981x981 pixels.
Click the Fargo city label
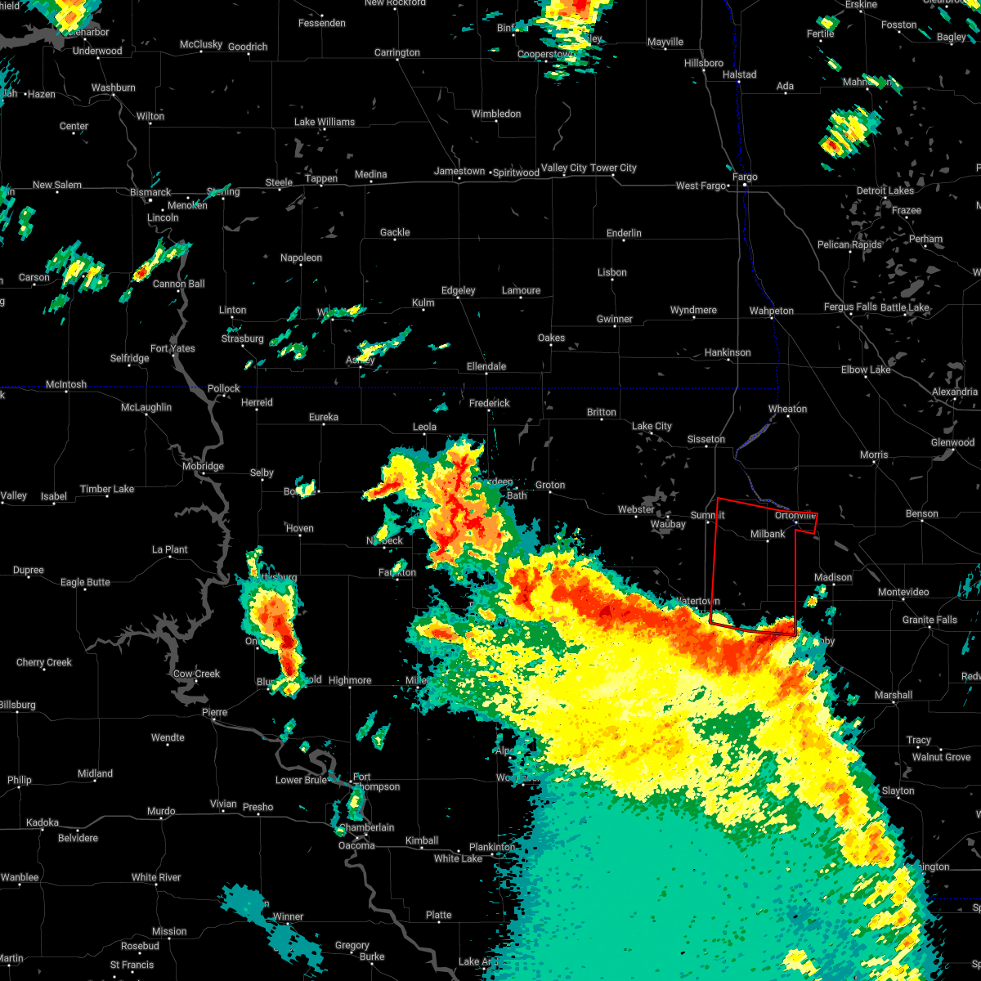745,177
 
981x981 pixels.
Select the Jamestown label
459,172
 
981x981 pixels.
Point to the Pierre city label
214,713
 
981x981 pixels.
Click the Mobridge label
203,467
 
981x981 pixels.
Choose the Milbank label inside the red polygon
768,534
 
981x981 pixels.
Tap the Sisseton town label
706,440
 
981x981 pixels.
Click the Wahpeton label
772,311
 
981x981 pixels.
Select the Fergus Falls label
850,307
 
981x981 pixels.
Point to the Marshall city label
893,695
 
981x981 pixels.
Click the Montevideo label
903,592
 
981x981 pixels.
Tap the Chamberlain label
367,827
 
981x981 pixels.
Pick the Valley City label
564,168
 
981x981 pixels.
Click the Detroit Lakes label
885,190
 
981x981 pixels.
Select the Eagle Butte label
85,582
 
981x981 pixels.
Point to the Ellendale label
486,366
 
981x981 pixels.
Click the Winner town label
289,916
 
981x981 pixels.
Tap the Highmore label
350,680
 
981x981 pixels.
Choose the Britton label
602,412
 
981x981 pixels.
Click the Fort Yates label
172,348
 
